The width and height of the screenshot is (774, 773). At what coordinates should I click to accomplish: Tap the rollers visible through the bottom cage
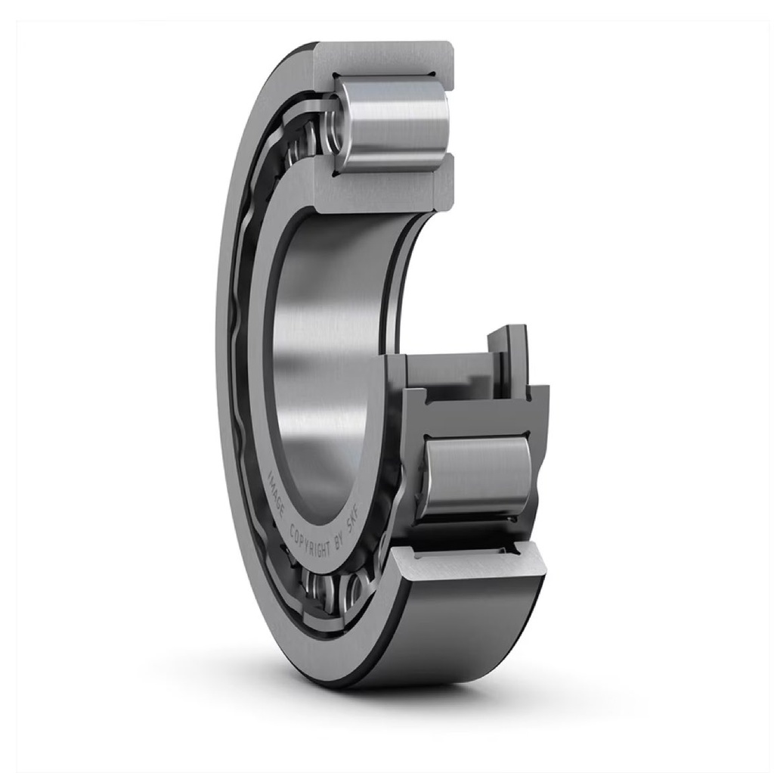pyautogui.click(x=333, y=586)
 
